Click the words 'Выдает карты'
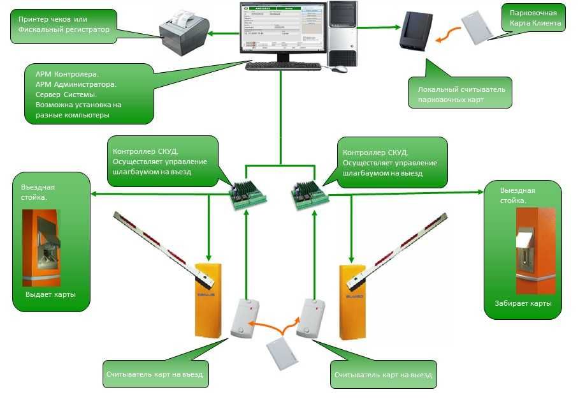[x=50, y=295]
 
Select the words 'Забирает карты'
[x=523, y=303]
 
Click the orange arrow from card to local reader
[x=448, y=34]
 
